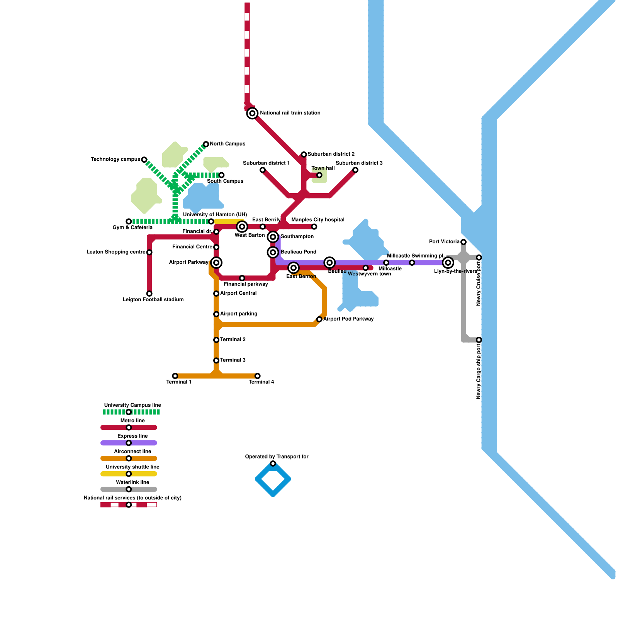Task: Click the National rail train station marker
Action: pos(252,113)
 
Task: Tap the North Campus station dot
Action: pos(206,144)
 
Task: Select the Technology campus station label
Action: pos(115,160)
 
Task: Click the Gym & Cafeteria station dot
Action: pos(129,221)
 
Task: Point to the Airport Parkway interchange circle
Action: pos(216,263)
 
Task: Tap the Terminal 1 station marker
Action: pos(175,376)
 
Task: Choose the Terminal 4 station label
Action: pos(261,382)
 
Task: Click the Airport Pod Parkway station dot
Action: pos(319,319)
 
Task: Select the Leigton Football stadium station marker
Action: pos(149,294)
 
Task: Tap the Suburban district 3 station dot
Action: pos(355,170)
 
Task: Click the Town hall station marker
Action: pos(319,175)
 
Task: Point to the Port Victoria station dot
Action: pos(463,242)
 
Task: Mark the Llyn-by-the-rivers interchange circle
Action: pos(448,263)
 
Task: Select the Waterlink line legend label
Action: pos(132,482)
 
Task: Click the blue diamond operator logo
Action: pos(273,479)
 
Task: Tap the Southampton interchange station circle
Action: pos(273,237)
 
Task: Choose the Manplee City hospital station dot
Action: pos(314,227)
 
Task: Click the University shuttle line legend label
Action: pos(132,467)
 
